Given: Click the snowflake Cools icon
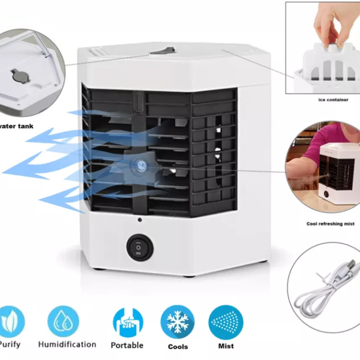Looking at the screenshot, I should [x=177, y=322].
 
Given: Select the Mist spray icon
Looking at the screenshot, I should [x=226, y=322].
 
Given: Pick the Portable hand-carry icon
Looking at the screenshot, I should [x=128, y=322].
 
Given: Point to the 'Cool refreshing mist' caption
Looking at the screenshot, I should [x=330, y=224].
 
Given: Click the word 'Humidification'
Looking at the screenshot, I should [x=67, y=344].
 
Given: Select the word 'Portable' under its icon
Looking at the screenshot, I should [x=127, y=345].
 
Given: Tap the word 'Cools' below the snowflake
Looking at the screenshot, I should [x=178, y=346].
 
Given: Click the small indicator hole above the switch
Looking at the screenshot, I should [x=139, y=220].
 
